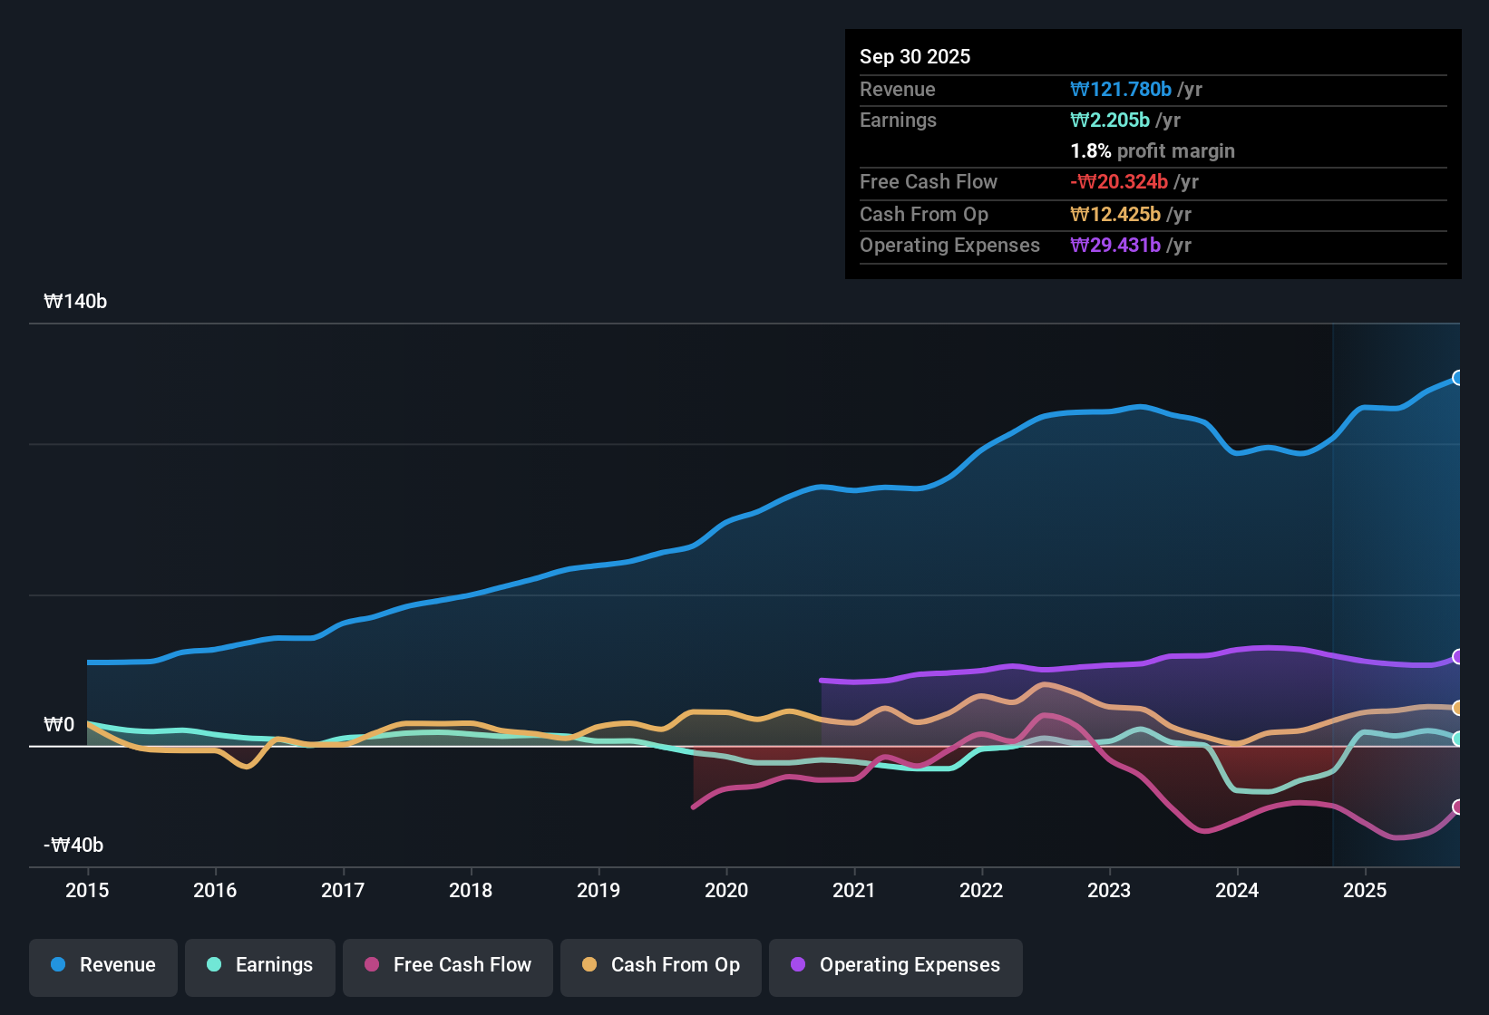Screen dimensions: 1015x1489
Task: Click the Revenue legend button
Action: [103, 965]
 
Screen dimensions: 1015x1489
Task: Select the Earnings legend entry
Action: [259, 965]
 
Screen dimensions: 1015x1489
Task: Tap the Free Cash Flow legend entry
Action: [448, 965]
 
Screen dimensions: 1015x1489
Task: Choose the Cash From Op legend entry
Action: [661, 965]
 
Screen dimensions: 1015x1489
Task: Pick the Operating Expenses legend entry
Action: [895, 965]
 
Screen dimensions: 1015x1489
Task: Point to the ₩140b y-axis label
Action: [75, 302]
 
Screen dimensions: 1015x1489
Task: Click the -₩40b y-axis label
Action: [73, 846]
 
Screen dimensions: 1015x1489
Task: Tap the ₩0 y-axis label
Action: [59, 725]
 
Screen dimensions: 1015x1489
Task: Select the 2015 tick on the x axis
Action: [87, 891]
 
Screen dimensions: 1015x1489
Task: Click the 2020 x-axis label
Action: [726, 891]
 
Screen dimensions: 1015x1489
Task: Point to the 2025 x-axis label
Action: [1365, 891]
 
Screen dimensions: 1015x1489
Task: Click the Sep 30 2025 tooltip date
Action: [915, 57]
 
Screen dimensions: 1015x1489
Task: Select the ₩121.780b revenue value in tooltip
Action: [1121, 90]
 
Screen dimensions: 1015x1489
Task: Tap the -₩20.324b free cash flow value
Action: [1119, 182]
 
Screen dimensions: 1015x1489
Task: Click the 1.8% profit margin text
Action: [1153, 151]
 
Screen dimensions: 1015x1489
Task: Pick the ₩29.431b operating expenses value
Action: [1115, 246]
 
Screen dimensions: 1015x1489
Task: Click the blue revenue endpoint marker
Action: [1457, 378]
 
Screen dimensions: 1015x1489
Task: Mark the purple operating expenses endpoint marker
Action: [1457, 656]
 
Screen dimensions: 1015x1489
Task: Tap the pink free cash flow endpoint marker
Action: [1457, 807]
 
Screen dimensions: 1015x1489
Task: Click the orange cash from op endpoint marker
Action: [1457, 708]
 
